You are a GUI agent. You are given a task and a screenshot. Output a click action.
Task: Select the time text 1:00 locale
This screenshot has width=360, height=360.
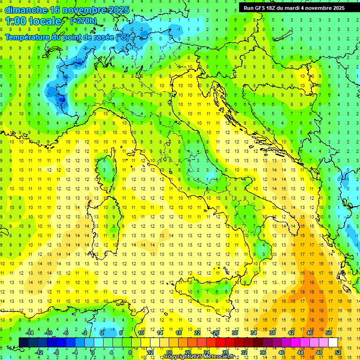tap(33, 21)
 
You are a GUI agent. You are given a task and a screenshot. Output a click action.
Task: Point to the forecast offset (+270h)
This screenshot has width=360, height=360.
tap(83, 21)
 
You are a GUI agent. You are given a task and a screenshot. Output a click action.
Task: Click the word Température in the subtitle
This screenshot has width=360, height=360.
tap(29, 37)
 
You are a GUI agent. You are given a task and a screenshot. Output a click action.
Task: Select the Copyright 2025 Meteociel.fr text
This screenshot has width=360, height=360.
tap(199, 357)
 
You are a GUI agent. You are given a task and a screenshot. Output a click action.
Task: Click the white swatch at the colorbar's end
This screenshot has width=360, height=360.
tap(333, 342)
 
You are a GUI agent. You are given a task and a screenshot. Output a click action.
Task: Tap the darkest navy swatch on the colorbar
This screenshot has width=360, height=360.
tap(23, 342)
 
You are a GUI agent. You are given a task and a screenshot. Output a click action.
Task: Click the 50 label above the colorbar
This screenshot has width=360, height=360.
tap(328, 333)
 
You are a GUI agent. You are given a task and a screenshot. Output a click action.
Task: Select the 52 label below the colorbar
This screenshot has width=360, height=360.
tap(338, 352)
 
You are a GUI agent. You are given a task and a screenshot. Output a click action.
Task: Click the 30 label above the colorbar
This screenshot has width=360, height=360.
tap(234, 333)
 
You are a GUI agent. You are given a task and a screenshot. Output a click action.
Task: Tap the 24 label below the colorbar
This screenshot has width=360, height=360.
tap(207, 352)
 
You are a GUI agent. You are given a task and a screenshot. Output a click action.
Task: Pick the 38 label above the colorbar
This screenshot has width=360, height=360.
tap(272, 333)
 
